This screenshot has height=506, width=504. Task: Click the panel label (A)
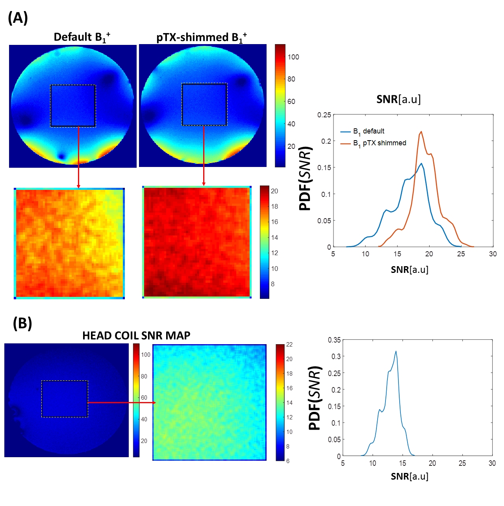(18, 18)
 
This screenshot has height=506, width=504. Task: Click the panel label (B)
(22, 323)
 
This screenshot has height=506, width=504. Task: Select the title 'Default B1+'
(82, 37)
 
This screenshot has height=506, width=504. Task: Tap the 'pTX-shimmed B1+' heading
(201, 38)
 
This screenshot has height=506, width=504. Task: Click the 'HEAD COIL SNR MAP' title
(136, 335)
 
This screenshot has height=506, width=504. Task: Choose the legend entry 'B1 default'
(369, 132)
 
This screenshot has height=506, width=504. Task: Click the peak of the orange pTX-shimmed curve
(421, 132)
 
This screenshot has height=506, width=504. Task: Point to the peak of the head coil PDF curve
(396, 351)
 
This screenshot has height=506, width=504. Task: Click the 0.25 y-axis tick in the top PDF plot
(324, 115)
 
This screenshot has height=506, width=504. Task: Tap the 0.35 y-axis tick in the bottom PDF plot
(334, 340)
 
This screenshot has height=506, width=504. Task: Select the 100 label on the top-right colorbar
(293, 57)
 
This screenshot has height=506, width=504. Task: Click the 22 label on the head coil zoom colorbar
(289, 345)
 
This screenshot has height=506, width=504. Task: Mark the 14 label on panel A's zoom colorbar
(274, 237)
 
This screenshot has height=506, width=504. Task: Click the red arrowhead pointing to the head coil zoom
(154, 402)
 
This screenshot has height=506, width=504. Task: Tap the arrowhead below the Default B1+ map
(78, 185)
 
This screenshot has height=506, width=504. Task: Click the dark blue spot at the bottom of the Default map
(61, 156)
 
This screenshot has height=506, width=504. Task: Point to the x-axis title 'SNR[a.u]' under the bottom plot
(409, 476)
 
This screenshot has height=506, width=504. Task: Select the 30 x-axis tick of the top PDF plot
(493, 254)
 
